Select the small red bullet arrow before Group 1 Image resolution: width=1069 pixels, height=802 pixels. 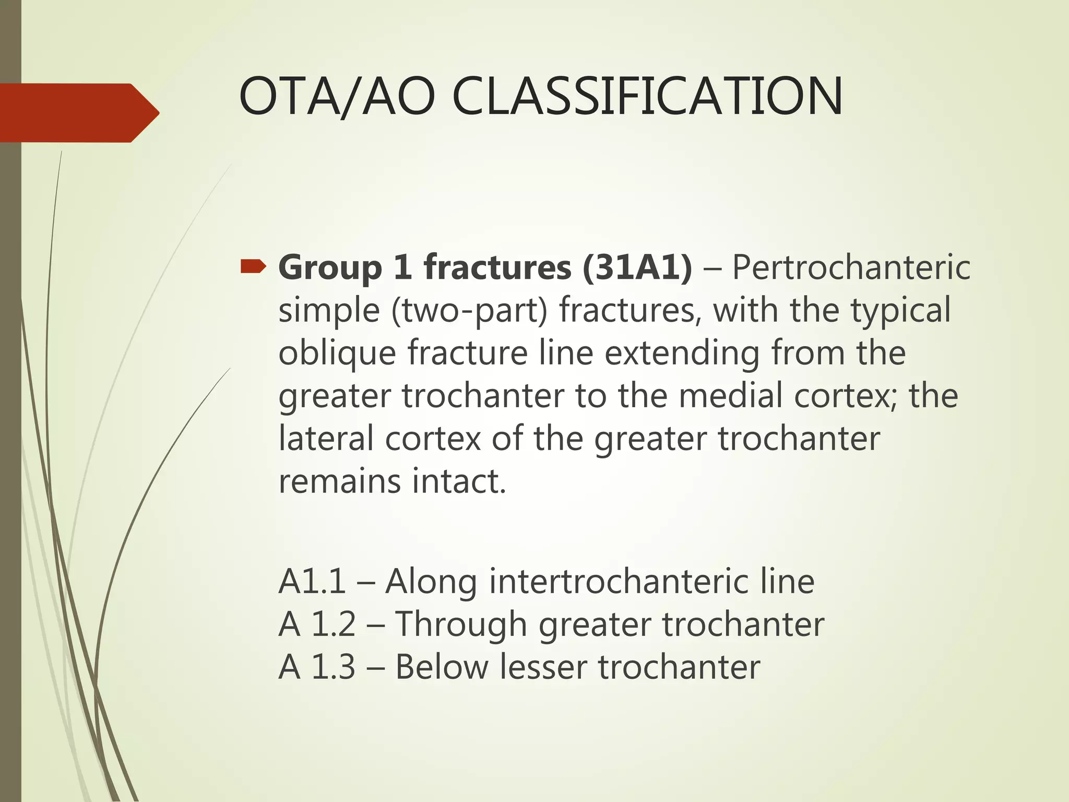point(253,268)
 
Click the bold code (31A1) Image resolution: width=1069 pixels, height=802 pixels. point(637,268)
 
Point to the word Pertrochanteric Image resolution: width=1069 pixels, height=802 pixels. point(851,268)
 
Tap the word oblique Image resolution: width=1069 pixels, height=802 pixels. point(337,353)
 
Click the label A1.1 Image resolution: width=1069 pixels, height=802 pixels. point(312,582)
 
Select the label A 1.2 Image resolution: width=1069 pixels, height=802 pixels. point(317,624)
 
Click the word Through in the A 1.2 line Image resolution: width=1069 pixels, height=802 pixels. point(460,624)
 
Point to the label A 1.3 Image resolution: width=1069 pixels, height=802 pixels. point(317,667)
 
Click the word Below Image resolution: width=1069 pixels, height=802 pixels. point(442,667)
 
